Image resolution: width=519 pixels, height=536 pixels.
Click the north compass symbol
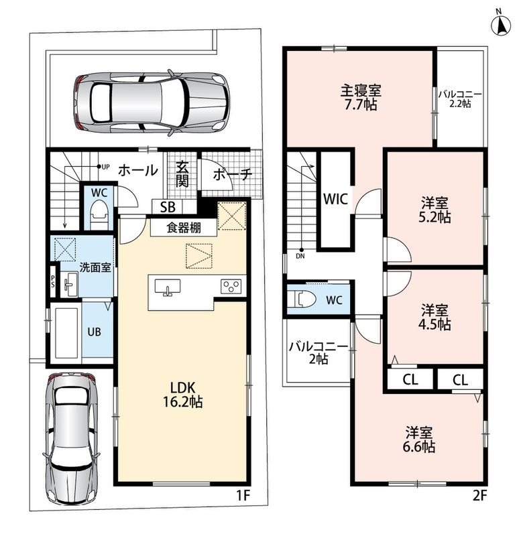[x=501, y=24]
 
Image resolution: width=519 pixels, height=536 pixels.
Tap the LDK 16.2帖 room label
[x=182, y=395]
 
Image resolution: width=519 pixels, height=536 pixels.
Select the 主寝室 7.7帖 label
[x=361, y=97]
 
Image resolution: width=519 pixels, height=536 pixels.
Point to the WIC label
[x=335, y=199]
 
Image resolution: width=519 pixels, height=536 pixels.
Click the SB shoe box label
[x=168, y=207]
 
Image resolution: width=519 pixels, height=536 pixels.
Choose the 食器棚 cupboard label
[x=184, y=228]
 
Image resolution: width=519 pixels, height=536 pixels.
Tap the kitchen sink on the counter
[x=168, y=287]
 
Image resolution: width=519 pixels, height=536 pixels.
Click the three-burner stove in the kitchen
[x=231, y=287]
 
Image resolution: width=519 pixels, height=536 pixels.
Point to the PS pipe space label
[x=53, y=281]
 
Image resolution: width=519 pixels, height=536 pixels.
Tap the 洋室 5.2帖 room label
[x=434, y=210]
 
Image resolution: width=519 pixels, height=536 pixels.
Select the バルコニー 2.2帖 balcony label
[x=460, y=98]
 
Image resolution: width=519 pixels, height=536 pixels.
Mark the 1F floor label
[x=243, y=496]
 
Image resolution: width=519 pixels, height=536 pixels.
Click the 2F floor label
[x=479, y=496]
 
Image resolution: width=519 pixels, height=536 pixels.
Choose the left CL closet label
[x=410, y=379]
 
